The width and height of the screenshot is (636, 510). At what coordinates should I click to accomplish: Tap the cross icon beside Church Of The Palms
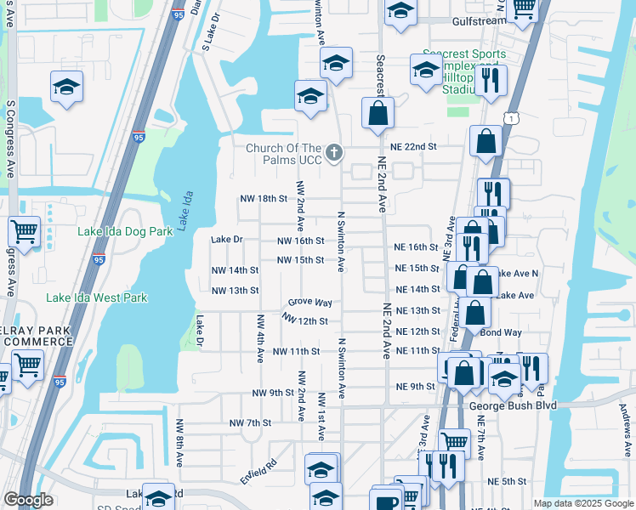click(334, 153)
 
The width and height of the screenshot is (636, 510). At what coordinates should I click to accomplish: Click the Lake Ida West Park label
click(97, 297)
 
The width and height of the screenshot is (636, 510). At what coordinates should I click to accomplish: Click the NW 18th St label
click(264, 198)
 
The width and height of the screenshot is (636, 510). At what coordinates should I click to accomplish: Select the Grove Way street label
click(309, 303)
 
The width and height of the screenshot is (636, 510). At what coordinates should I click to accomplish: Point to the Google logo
click(29, 500)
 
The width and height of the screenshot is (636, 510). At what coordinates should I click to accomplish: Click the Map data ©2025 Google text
click(583, 503)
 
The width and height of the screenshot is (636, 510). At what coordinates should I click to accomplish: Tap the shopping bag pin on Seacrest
click(377, 112)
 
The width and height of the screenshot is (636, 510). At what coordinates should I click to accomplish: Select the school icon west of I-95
click(65, 87)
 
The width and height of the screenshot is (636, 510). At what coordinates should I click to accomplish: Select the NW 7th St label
click(250, 422)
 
